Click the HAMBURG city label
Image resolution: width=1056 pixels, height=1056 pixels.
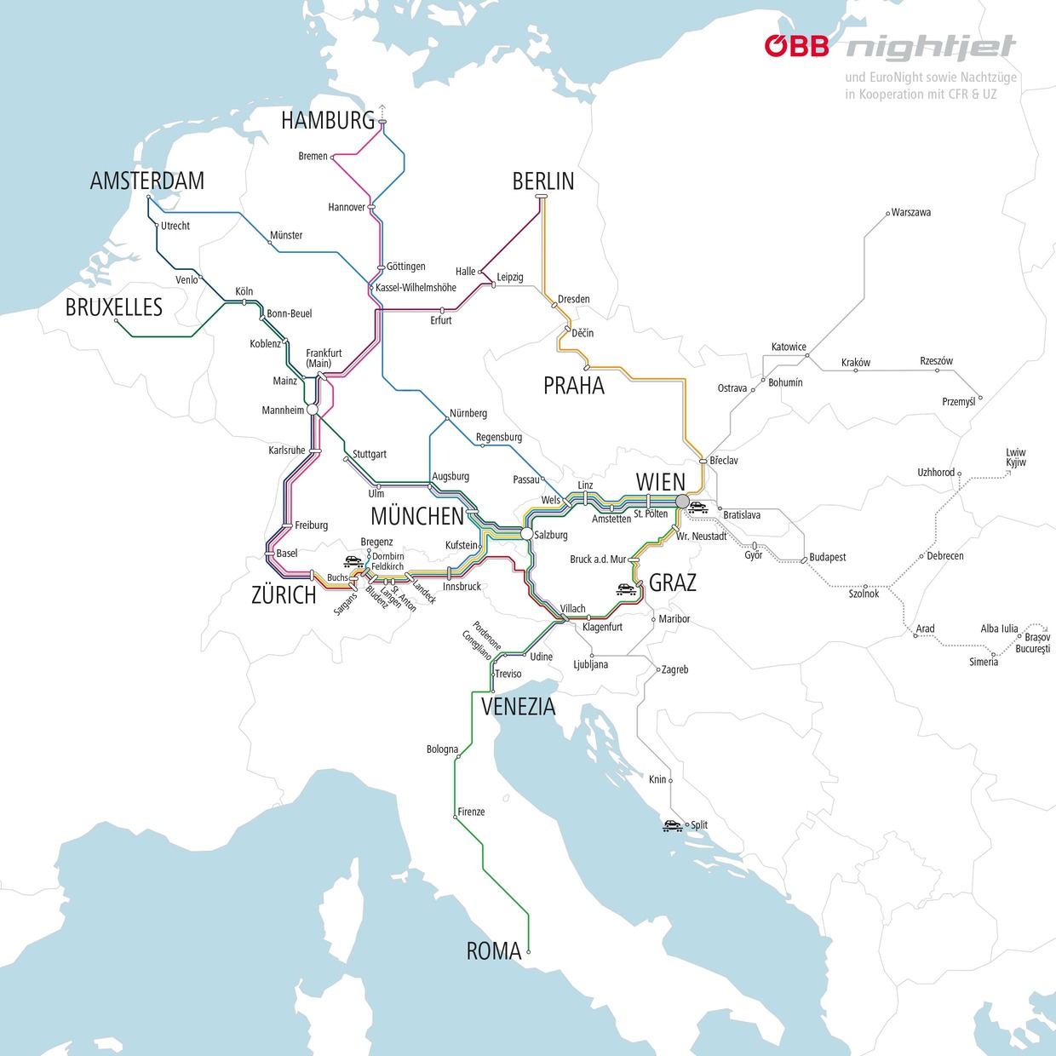point(328,121)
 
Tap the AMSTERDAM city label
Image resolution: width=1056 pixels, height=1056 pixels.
point(147,181)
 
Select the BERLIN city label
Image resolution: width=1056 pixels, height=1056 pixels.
point(543,181)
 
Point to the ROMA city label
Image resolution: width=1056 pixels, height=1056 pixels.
point(494,951)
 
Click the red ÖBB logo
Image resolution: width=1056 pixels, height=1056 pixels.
point(796,46)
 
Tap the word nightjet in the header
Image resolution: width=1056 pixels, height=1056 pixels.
point(931,48)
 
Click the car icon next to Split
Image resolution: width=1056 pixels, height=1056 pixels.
point(673,825)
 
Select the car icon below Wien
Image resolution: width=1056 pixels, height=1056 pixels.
point(698,508)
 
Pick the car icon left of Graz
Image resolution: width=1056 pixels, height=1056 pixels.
point(627,588)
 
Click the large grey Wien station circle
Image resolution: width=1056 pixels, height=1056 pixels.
point(682,502)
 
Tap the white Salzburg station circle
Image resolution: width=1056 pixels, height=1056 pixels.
point(527,533)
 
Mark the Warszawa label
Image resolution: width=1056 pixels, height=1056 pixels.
point(910,212)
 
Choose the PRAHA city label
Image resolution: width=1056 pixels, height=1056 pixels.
point(574,386)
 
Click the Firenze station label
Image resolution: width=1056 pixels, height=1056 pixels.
point(471,812)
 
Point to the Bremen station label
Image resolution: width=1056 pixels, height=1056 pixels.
point(313,156)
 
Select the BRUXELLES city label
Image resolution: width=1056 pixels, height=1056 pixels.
point(114,307)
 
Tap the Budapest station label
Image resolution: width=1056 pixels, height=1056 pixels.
point(827,557)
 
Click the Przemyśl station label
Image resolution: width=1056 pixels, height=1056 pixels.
point(958,401)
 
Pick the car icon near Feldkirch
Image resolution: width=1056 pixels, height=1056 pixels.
point(353,561)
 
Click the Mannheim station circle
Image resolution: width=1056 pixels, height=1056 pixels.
point(313,410)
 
